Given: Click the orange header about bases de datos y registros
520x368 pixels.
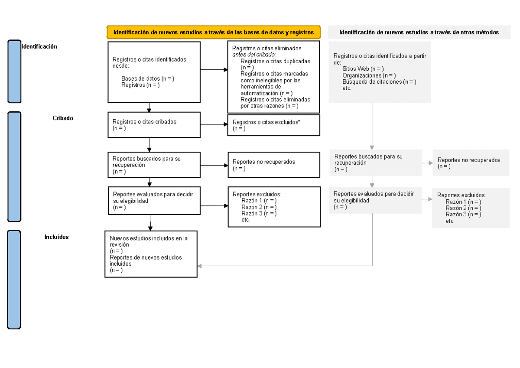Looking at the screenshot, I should pos(213,33).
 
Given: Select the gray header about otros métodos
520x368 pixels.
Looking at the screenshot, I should pos(419,33).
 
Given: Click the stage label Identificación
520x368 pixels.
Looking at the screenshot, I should pos(39,46).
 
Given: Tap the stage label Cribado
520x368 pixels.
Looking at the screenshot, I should pos(63,118).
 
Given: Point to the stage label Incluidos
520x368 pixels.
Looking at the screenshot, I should pos(56,237).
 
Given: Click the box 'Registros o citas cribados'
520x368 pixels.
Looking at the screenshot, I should pos(154,125).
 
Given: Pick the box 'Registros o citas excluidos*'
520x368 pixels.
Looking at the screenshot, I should pos(273,125).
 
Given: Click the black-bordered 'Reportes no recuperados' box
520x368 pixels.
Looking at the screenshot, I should pos(273,165).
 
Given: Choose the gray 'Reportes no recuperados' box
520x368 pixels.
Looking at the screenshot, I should pos(471,163).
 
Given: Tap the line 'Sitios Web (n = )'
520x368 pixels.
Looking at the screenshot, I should pos(363,69).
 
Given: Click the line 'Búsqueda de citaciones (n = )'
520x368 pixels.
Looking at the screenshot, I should pos(379,81).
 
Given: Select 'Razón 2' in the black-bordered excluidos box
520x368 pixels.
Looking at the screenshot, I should pos(259,207).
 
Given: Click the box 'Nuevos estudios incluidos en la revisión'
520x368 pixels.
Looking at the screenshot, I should pos(151,254).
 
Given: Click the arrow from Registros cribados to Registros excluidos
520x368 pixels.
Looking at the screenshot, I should pos(214,125).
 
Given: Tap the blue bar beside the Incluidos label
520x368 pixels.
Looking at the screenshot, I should pos(14,280).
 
